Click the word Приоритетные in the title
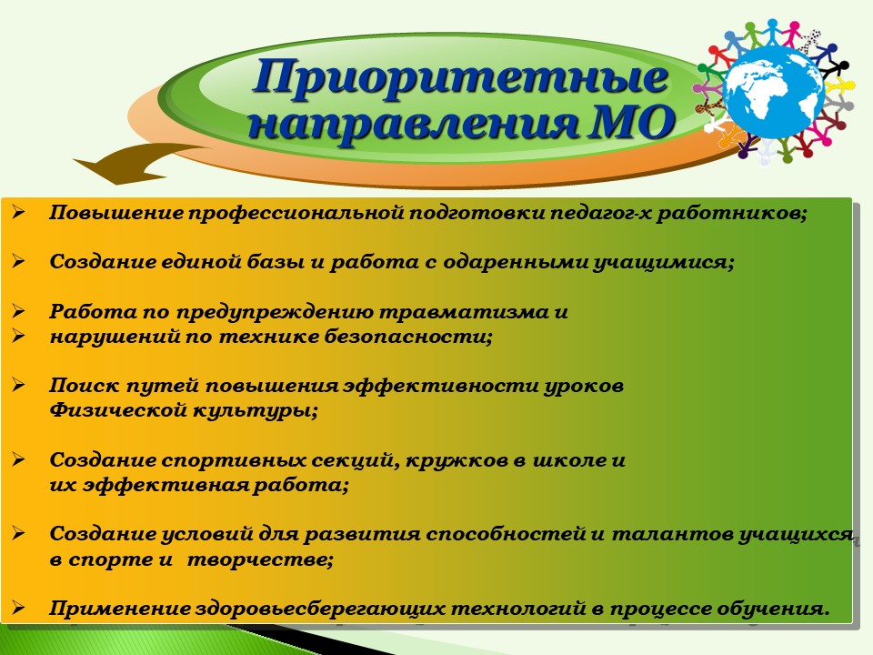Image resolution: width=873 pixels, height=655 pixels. (x=460, y=77)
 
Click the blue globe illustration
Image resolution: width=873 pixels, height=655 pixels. (x=775, y=91)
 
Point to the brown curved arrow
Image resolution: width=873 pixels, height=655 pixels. (x=139, y=163)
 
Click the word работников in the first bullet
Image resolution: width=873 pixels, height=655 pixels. (x=731, y=213)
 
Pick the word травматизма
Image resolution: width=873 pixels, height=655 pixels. (x=464, y=311)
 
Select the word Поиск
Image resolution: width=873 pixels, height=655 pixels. (x=84, y=386)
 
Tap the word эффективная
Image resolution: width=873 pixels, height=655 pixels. (x=166, y=485)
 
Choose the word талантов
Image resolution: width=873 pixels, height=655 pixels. (x=672, y=534)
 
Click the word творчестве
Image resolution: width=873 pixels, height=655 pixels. (x=259, y=559)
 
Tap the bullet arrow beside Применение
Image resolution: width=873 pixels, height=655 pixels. (x=18, y=608)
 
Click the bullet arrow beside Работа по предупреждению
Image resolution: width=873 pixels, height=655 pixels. (x=18, y=311)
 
